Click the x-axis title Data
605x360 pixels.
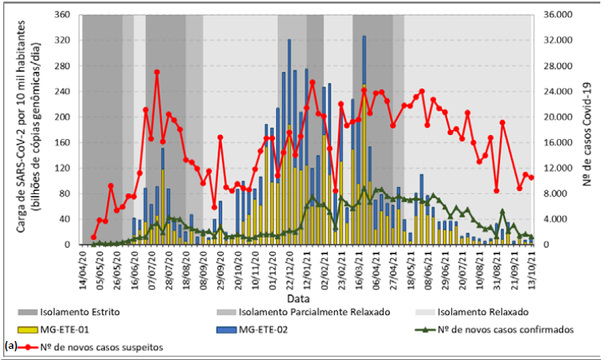(x=299, y=300)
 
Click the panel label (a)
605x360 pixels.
(x=11, y=346)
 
